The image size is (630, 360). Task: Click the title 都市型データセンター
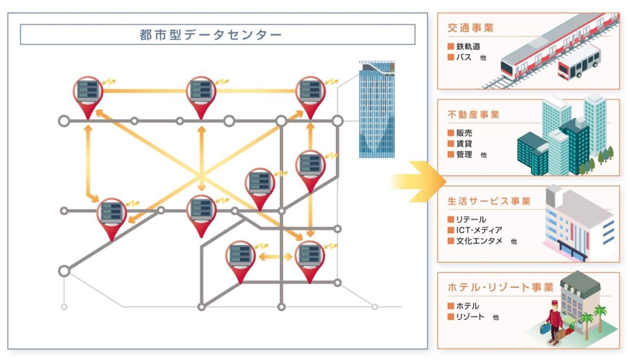click(210, 35)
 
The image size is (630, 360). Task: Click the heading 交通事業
click(471, 28)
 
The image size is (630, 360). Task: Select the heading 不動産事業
click(473, 115)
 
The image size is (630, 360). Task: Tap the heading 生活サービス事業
click(488, 201)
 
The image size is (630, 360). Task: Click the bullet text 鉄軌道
click(468, 47)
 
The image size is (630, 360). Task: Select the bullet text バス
click(464, 57)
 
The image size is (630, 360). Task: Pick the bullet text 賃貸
click(464, 144)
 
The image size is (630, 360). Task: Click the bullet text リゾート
click(470, 317)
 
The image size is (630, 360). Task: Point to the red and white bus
click(579, 63)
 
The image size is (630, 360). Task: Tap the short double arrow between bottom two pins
click(276, 256)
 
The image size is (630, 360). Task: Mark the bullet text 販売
click(464, 133)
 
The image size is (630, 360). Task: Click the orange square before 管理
click(451, 154)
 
